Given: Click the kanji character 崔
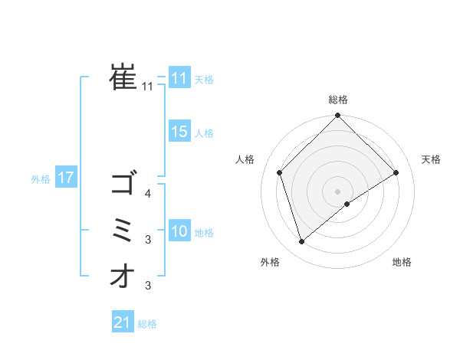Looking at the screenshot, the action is [x=123, y=77].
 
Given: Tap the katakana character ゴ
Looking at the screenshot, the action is [x=123, y=185].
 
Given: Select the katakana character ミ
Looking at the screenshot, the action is [x=123, y=231].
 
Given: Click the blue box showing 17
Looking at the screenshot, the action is [x=66, y=178].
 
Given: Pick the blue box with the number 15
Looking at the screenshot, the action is [x=179, y=132].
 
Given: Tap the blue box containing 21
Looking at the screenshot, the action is [x=123, y=322].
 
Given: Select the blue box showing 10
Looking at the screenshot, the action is [x=179, y=231].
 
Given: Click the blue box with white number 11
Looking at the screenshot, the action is [x=179, y=78].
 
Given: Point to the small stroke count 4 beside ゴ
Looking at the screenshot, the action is [x=148, y=195].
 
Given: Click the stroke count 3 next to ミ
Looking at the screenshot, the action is [x=148, y=241].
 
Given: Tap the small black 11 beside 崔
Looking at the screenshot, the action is [x=148, y=87].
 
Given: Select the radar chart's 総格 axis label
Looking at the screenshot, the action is [x=338, y=100].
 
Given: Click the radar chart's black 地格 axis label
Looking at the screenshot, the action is [x=402, y=263].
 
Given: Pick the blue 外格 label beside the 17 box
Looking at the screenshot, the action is [x=40, y=179].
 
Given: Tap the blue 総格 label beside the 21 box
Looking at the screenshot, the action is [x=147, y=324].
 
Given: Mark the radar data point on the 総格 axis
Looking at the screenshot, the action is [x=338, y=116].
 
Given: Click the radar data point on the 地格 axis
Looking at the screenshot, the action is [x=347, y=204].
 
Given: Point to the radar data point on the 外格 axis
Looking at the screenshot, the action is [x=301, y=242].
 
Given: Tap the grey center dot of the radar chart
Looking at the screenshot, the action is [x=338, y=191].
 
